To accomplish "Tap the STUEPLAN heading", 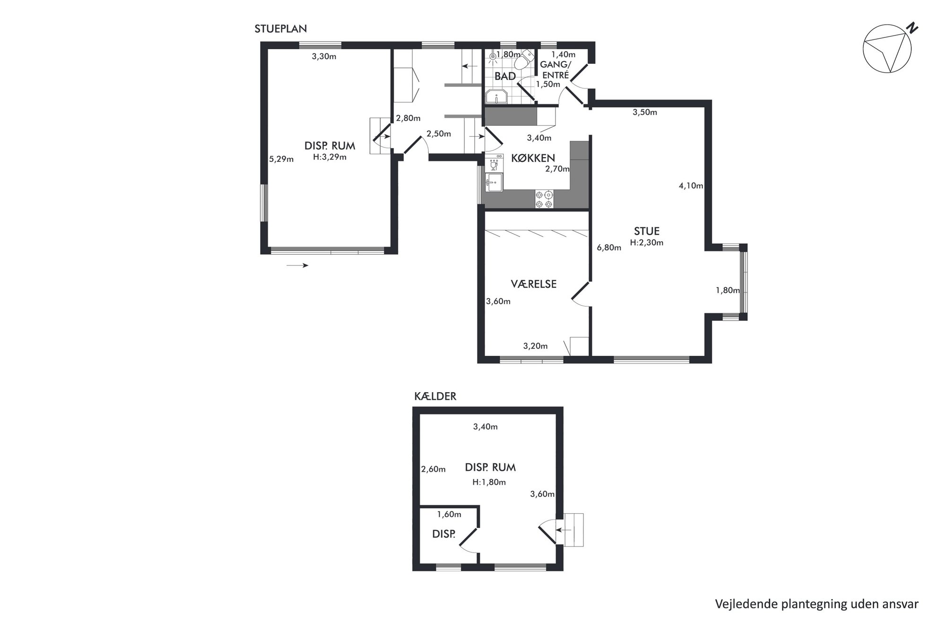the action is pyautogui.click(x=281, y=29).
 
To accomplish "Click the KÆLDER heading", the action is pyautogui.click(x=435, y=397).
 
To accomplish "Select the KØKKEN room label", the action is pyautogui.click(x=533, y=158).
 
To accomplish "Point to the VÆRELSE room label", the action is pyautogui.click(x=533, y=284).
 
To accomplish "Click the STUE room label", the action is pyautogui.click(x=647, y=231).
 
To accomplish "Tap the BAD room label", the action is pyautogui.click(x=505, y=76).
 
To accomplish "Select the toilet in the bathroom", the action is pyautogui.click(x=523, y=60).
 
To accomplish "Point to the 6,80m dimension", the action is pyautogui.click(x=609, y=247).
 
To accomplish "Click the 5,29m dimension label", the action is pyautogui.click(x=281, y=159).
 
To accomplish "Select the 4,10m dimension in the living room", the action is pyautogui.click(x=691, y=186).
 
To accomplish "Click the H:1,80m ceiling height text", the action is pyautogui.click(x=489, y=483).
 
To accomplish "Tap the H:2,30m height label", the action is pyautogui.click(x=647, y=243).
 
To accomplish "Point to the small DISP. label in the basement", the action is pyautogui.click(x=444, y=534).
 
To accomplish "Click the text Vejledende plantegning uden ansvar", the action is pyautogui.click(x=816, y=604).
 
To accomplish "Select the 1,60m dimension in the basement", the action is pyautogui.click(x=449, y=514).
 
